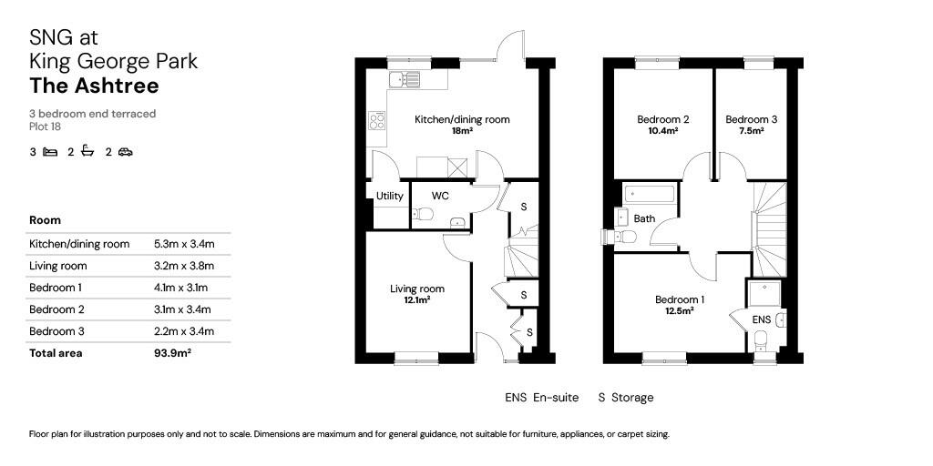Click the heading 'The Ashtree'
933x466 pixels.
(95, 86)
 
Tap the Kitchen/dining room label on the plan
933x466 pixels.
(462, 119)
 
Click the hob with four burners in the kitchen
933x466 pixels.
(377, 121)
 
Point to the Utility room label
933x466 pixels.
(390, 196)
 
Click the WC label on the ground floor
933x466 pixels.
(440, 196)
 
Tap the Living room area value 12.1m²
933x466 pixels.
(416, 299)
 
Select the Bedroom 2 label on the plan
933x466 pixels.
(662, 119)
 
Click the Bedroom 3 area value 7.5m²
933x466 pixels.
(751, 131)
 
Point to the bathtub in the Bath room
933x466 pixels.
(649, 194)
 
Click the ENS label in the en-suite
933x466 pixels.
(762, 319)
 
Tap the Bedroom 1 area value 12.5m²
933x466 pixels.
(679, 310)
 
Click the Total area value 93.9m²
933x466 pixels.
(173, 353)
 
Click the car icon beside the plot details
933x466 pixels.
(125, 152)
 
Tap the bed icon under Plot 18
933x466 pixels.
(50, 152)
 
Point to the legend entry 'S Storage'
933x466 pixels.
(625, 398)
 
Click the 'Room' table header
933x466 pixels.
(46, 220)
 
